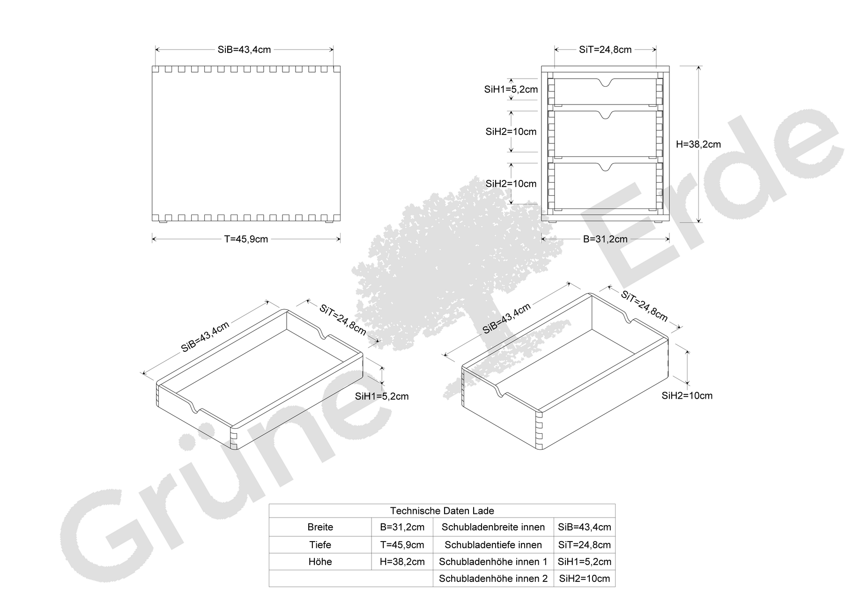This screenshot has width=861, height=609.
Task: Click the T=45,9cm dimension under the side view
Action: point(246,239)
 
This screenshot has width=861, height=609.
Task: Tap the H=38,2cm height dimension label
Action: point(698,145)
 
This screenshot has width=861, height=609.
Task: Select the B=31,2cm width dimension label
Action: point(605,239)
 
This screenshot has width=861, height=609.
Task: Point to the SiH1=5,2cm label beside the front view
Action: point(511,89)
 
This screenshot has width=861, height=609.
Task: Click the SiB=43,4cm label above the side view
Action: point(244,50)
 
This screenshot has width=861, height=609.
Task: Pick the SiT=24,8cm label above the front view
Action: point(605,50)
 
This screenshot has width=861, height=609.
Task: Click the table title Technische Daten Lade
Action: point(442,511)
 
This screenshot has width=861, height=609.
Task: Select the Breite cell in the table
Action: point(320,527)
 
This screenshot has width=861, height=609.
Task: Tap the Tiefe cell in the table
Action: point(320,545)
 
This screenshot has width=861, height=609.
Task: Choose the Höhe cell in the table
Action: point(320,562)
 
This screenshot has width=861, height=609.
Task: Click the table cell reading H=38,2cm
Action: point(402,562)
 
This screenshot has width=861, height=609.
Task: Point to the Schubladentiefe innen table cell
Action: point(493,545)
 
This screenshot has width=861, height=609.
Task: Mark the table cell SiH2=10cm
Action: point(585,579)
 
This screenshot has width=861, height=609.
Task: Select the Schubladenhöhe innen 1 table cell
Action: point(493,562)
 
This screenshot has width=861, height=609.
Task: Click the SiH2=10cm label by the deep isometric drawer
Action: point(687,396)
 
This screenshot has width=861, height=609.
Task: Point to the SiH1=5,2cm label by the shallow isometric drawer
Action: point(382,396)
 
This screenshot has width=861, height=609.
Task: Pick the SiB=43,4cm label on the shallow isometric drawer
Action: point(205,337)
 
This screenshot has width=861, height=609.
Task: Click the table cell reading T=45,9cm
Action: point(402,545)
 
